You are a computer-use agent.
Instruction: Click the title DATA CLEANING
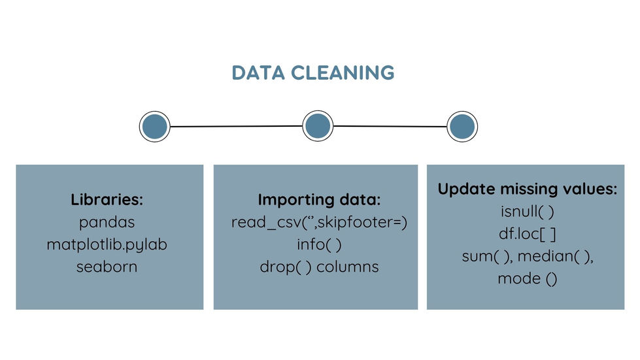(313, 73)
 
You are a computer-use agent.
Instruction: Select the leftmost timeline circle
(155, 126)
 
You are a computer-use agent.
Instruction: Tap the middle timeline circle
(318, 125)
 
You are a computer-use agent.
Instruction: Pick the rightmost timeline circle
(462, 127)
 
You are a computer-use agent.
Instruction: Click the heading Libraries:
(107, 200)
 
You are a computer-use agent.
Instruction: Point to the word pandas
(107, 222)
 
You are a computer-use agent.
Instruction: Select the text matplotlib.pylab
(107, 244)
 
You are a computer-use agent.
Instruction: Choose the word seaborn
(107, 267)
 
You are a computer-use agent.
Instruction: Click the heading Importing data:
(319, 200)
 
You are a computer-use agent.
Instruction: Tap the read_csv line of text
(319, 222)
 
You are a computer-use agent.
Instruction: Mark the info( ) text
(319, 244)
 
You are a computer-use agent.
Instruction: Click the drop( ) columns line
(319, 267)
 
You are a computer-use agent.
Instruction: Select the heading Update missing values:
(528, 189)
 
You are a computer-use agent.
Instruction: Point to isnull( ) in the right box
(528, 212)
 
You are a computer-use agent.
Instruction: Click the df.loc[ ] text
(528, 234)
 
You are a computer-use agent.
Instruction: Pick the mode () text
(528, 278)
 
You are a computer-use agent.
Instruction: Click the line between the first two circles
(236, 126)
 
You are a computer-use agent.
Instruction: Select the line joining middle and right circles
(390, 126)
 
